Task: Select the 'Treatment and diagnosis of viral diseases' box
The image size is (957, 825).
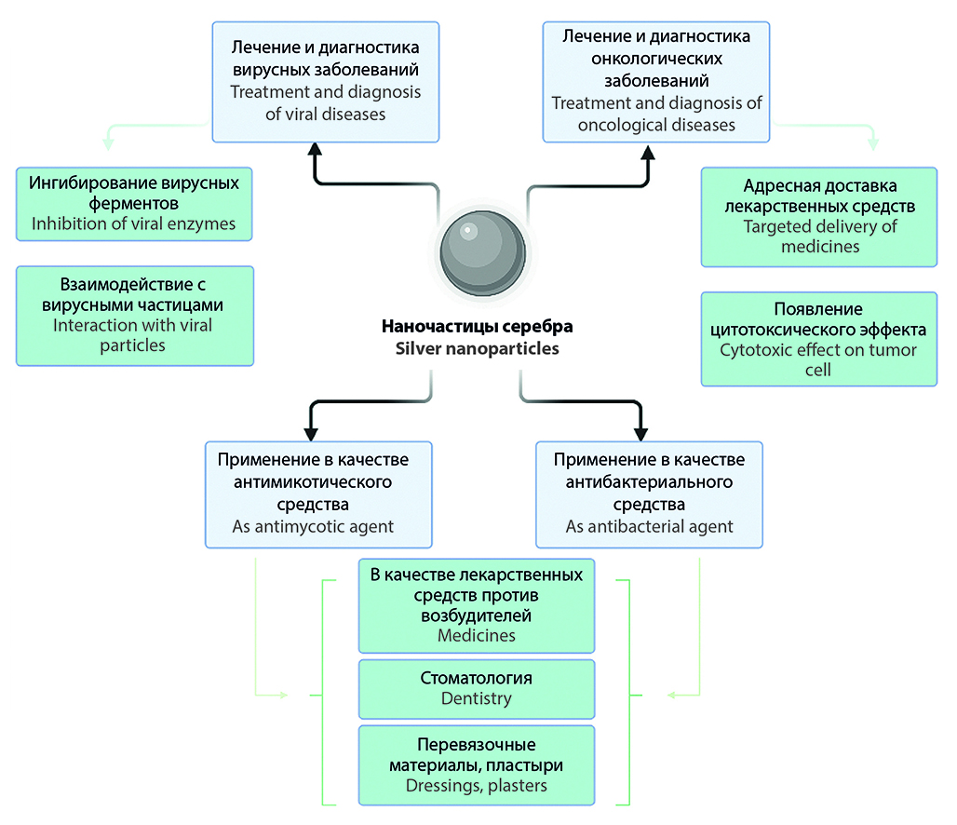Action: [x=325, y=81]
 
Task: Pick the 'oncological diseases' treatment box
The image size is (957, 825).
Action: [x=656, y=81]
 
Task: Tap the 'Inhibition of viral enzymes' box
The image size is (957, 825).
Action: [x=134, y=203]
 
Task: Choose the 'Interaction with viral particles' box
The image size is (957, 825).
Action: [x=134, y=316]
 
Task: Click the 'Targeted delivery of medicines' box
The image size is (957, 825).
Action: [x=819, y=216]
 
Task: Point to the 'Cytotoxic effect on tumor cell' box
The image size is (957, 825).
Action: [x=819, y=339]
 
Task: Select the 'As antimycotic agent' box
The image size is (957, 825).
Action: [x=319, y=494]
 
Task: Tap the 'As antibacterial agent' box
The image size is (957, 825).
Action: [x=650, y=494]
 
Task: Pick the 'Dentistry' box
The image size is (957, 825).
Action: [x=477, y=689]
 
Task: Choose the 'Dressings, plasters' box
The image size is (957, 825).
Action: [x=477, y=764]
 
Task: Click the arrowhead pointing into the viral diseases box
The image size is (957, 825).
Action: [x=315, y=150]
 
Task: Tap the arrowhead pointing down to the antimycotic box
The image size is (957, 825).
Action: [x=311, y=432]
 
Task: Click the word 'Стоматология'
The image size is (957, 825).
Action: [x=477, y=678]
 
